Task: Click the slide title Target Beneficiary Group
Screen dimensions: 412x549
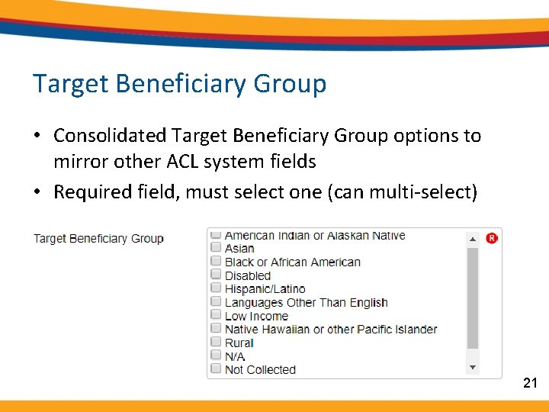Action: (179, 83)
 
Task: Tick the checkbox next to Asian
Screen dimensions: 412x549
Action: (217, 249)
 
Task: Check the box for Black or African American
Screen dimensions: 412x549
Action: (217, 262)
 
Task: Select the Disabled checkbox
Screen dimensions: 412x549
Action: (217, 275)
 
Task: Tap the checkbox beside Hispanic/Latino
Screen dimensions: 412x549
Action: (217, 289)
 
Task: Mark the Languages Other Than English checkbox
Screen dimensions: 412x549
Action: (217, 302)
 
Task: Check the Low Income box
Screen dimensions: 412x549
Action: (217, 316)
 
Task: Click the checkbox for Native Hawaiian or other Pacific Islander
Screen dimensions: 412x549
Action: (217, 330)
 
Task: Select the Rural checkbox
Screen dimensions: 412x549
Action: (217, 343)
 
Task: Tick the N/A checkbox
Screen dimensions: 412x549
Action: (217, 356)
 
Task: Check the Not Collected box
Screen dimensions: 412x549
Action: (217, 369)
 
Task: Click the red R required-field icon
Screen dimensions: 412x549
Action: (492, 238)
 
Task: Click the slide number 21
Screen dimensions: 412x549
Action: (531, 383)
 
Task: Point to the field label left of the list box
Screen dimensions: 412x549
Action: (98, 239)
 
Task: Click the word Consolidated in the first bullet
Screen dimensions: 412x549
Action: (110, 136)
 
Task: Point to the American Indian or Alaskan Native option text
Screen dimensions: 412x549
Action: (315, 236)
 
